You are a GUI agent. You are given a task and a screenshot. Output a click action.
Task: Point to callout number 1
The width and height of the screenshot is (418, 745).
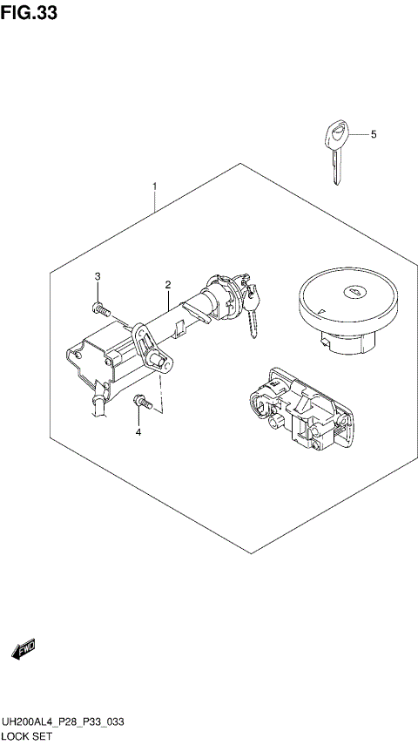click(155, 186)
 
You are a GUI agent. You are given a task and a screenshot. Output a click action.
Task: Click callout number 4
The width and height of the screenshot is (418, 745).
click(373, 134)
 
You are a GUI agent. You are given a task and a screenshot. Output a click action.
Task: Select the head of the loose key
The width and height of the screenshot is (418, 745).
click(336, 133)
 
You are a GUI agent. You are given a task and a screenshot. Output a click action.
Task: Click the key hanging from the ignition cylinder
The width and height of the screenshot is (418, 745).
click(252, 314)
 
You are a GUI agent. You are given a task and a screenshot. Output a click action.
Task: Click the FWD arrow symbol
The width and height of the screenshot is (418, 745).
click(24, 649)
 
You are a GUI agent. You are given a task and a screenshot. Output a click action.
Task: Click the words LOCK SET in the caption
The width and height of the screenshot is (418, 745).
click(27, 736)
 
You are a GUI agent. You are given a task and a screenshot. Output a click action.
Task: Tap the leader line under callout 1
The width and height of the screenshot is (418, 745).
click(155, 203)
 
